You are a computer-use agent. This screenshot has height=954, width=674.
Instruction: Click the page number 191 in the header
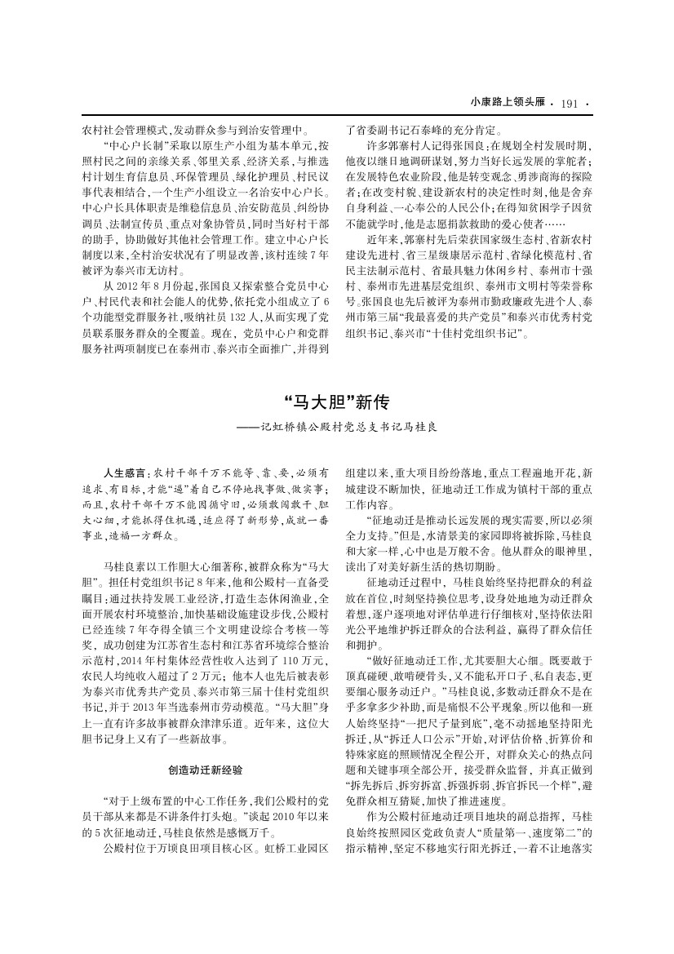(x=570, y=104)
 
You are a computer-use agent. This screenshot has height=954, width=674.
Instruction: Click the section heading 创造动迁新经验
(x=204, y=769)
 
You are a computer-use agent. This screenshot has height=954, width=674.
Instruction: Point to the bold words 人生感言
(x=123, y=473)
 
